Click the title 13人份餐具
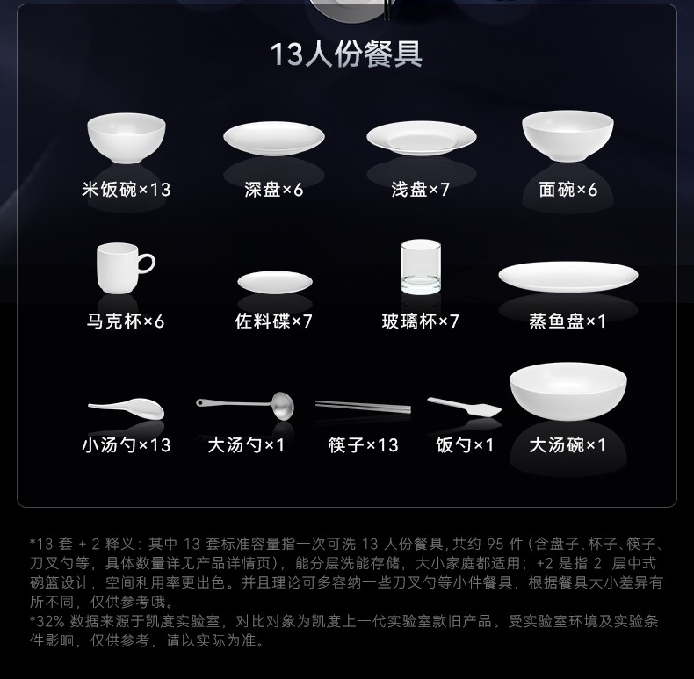346,54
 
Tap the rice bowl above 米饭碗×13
127,138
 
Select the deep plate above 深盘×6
274,139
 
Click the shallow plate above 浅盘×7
422,138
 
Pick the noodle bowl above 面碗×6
567,136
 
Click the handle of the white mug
147,263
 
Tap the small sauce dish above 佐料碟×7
275,282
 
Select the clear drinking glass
421,267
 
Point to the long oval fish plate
567,276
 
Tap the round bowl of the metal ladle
283,406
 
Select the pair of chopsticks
363,407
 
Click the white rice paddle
465,407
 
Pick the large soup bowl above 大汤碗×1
568,391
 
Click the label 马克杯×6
126,321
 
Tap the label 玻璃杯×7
420,321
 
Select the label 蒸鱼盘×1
567,321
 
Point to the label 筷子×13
364,444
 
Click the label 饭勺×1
465,444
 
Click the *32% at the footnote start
47,621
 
